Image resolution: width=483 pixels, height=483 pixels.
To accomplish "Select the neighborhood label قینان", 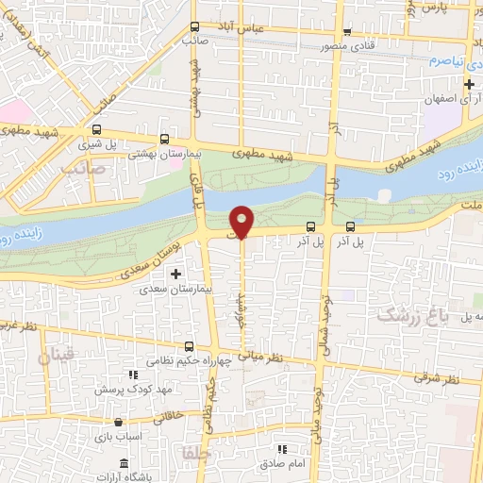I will tap(55, 356).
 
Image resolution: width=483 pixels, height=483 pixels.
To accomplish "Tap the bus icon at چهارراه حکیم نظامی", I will tap(190, 346).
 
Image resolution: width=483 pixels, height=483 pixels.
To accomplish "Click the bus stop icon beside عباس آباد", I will tap(194, 27).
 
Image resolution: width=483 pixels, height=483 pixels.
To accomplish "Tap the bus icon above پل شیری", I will tap(97, 129).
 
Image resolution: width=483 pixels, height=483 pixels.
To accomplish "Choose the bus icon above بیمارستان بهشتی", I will tap(166, 137).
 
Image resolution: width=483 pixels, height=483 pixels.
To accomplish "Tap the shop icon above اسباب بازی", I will tap(118, 423).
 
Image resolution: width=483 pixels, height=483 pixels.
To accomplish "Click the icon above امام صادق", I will tap(280, 449).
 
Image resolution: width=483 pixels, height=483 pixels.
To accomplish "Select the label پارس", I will tap(432, 8).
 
